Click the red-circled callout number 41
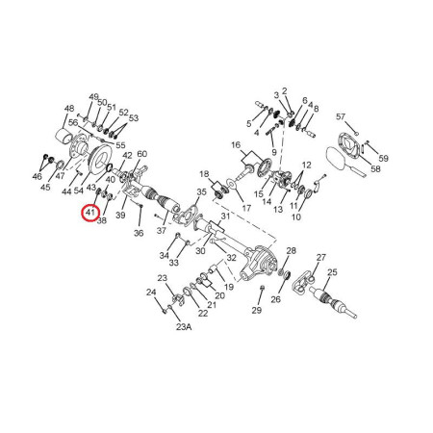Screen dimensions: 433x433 (90, 213)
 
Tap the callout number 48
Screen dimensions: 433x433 (69, 109)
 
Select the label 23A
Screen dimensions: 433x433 (184, 327)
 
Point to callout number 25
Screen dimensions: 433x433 (332, 272)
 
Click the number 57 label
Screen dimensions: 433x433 (341, 116)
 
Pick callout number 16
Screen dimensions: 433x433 (236, 145)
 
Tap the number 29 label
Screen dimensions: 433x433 (257, 310)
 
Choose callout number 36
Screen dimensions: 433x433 (139, 233)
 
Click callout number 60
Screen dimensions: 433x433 (141, 154)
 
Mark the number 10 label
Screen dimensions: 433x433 (296, 217)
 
